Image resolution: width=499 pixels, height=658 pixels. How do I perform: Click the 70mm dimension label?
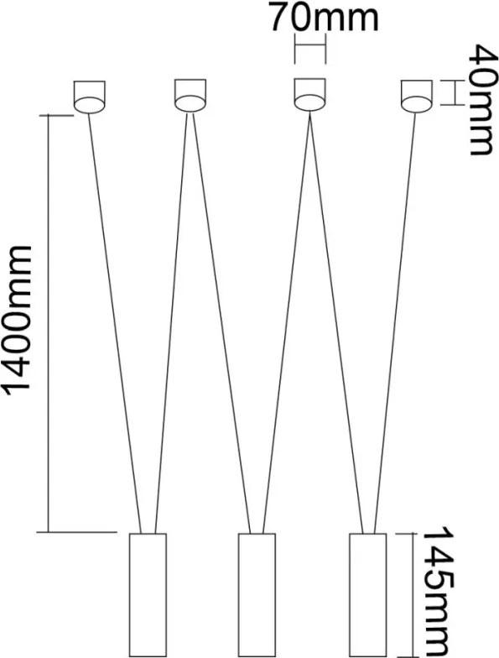coord(324,17)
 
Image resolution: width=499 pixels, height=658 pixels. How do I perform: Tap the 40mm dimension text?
coord(481,100)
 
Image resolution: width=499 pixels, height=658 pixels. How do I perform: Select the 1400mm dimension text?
coord(18,321)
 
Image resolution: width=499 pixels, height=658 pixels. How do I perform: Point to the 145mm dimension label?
coord(438,593)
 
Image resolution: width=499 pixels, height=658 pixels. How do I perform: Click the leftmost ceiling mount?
coord(89,97)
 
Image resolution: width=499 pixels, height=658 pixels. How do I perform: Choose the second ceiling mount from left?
coord(190,96)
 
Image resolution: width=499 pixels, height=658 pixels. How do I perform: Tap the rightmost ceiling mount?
coord(416,97)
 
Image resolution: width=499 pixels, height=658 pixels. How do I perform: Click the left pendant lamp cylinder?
coord(148,596)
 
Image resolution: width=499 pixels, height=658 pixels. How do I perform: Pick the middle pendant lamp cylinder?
coord(257,596)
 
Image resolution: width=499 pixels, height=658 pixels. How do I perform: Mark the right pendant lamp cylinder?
coord(367,596)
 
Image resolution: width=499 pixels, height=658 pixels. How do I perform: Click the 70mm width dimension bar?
coord(310,46)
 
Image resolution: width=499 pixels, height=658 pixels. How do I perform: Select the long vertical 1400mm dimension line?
coord(49,324)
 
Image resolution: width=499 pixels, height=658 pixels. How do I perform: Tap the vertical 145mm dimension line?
coord(413,596)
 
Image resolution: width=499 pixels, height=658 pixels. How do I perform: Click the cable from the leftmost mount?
coord(115,323)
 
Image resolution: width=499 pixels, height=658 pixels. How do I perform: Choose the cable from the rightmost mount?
coord(394,323)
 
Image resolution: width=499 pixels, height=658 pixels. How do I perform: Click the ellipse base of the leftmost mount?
coord(89,105)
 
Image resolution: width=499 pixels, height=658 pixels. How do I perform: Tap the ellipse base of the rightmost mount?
coord(416,105)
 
